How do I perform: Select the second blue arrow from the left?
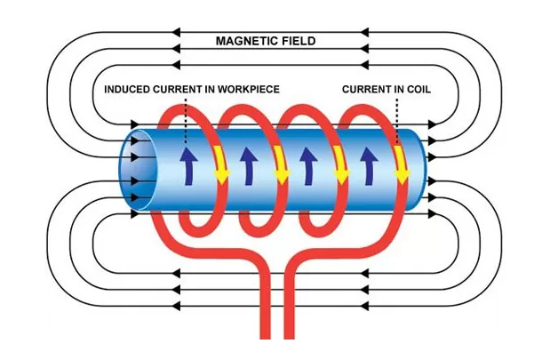click(248, 164)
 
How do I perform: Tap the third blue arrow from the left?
click(307, 164)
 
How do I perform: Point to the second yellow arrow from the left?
click(280, 164)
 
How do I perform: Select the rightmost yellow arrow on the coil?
click(401, 164)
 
